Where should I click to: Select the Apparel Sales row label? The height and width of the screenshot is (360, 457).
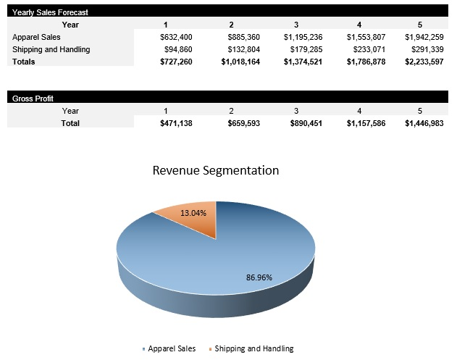point(37,36)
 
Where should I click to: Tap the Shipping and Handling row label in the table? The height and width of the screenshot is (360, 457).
point(51,49)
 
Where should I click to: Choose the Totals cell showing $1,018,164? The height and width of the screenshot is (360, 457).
point(240,62)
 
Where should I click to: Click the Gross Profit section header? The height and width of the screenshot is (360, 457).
point(33,98)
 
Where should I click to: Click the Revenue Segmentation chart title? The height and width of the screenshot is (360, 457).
point(215,171)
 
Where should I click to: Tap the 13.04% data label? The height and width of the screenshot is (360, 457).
point(193,213)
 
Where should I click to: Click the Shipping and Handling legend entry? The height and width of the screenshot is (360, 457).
point(253,348)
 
